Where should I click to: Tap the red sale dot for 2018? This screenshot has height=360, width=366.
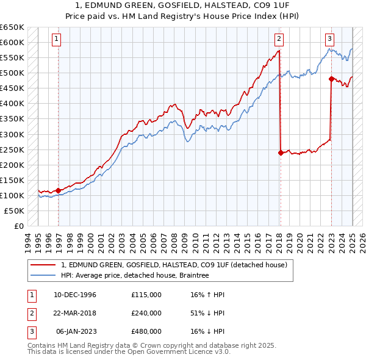pos(281,153)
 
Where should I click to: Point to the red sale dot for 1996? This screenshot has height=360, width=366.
pos(59,190)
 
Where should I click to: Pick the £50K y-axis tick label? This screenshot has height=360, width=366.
pos(15,211)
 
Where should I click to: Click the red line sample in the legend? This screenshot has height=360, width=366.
pos(43,265)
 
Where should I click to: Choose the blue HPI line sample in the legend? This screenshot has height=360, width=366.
pos(43,275)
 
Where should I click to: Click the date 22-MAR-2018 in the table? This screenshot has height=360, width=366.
pos(75,312)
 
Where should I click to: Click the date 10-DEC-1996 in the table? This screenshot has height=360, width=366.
pos(75,295)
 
